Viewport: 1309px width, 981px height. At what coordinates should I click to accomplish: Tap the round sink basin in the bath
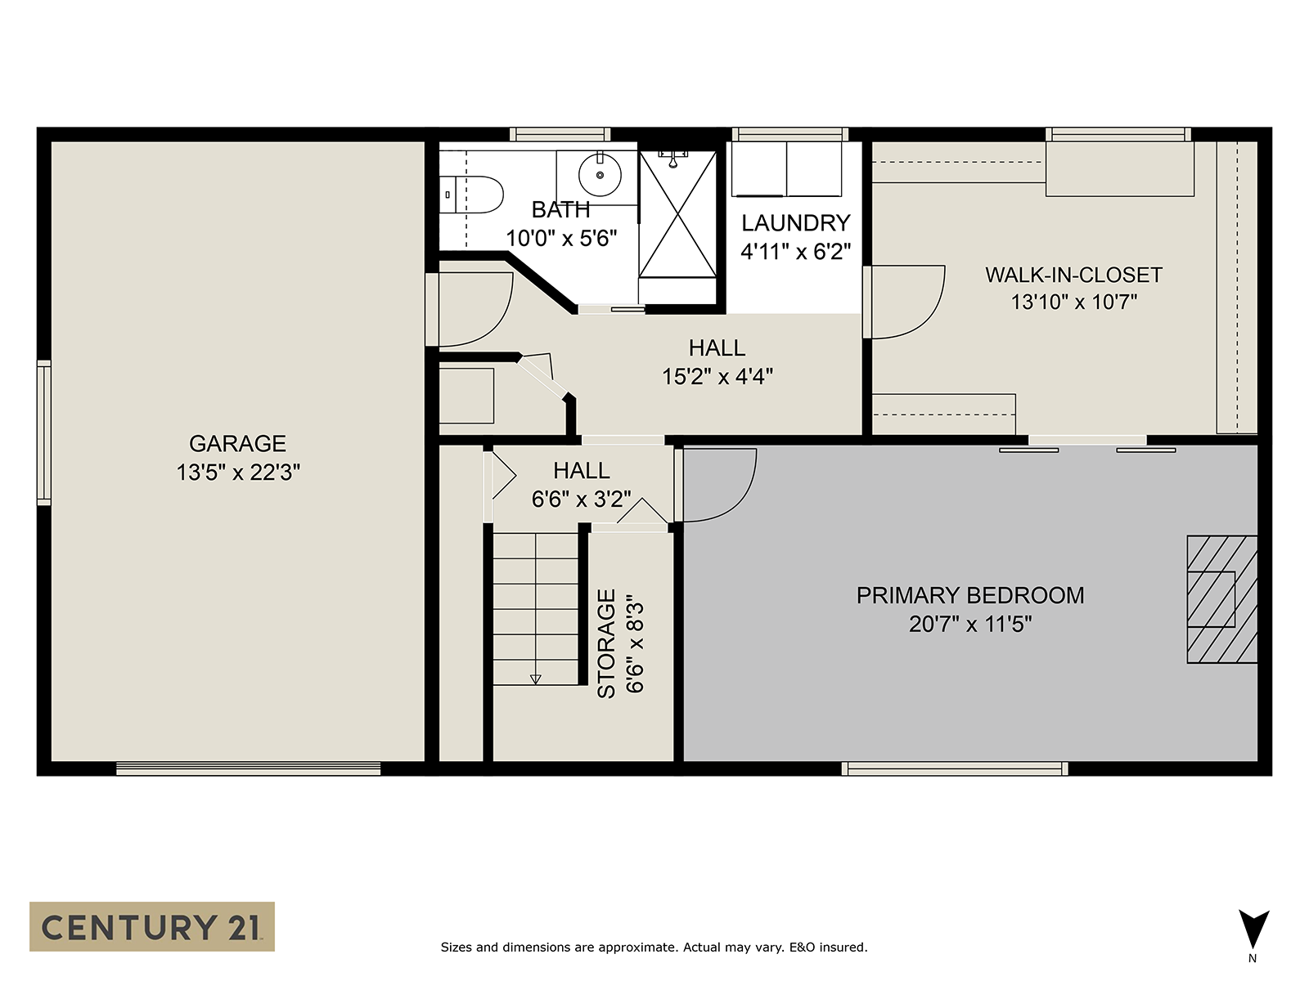pyautogui.click(x=600, y=174)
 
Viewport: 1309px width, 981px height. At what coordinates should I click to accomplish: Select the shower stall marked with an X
pyautogui.click(x=677, y=214)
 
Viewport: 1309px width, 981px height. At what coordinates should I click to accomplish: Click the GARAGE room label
pyautogui.click(x=237, y=444)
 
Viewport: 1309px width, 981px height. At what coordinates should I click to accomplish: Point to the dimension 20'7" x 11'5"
pyautogui.click(x=970, y=625)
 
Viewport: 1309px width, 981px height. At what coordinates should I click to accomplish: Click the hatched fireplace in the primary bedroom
pyautogui.click(x=1222, y=599)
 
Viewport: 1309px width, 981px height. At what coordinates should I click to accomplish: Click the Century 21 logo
pyautogui.click(x=152, y=926)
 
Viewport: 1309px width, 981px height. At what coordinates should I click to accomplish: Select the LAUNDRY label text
pyautogui.click(x=795, y=222)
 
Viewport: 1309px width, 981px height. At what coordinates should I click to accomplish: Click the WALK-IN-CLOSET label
pyautogui.click(x=1073, y=275)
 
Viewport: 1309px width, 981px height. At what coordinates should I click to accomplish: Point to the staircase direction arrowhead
pyautogui.click(x=536, y=679)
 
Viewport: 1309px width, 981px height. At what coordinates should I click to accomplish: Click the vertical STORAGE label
pyautogui.click(x=606, y=643)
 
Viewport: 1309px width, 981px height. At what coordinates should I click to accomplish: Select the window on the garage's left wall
pyautogui.click(x=43, y=432)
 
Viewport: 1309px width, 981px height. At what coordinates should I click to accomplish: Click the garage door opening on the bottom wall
pyautogui.click(x=248, y=768)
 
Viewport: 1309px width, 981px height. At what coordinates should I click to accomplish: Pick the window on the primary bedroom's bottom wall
pyautogui.click(x=955, y=768)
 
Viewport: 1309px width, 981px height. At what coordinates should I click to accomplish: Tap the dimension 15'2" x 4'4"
pyautogui.click(x=717, y=376)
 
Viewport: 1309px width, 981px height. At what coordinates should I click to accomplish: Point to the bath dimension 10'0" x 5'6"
pyautogui.click(x=561, y=238)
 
